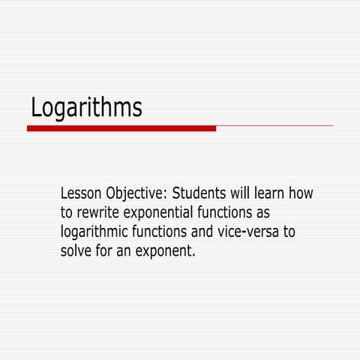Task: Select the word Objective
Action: pyautogui.click(x=137, y=195)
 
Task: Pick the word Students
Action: pyautogui.click(x=201, y=193)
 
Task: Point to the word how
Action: pyautogui.click(x=303, y=193)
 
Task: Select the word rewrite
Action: pyautogui.click(x=100, y=213)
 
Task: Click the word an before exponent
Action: pyautogui.click(x=124, y=251)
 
